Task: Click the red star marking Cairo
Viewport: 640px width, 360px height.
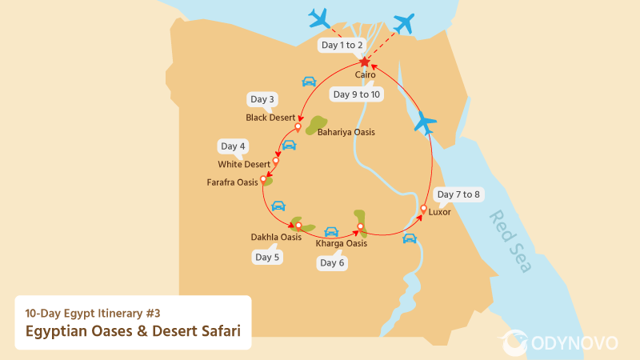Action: click(x=364, y=62)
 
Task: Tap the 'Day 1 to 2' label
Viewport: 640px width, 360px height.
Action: click(x=342, y=46)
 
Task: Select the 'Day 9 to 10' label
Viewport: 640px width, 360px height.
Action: click(x=357, y=94)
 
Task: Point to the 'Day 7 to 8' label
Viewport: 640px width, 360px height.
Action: click(x=458, y=194)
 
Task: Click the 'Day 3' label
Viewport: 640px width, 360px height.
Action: click(x=262, y=99)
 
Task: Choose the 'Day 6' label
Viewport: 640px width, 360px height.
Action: click(x=332, y=262)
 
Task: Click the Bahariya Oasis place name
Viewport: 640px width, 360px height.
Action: click(x=346, y=132)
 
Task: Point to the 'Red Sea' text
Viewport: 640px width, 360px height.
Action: click(x=510, y=241)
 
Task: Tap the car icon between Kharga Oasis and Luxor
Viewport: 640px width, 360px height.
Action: click(x=410, y=238)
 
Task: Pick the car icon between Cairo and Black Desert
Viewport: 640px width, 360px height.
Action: click(x=309, y=82)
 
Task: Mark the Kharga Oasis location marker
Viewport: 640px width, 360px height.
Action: click(x=361, y=227)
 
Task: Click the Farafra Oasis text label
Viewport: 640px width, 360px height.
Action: click(x=232, y=182)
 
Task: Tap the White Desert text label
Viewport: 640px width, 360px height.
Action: click(x=244, y=165)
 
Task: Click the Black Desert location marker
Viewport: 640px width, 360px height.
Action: click(x=298, y=126)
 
